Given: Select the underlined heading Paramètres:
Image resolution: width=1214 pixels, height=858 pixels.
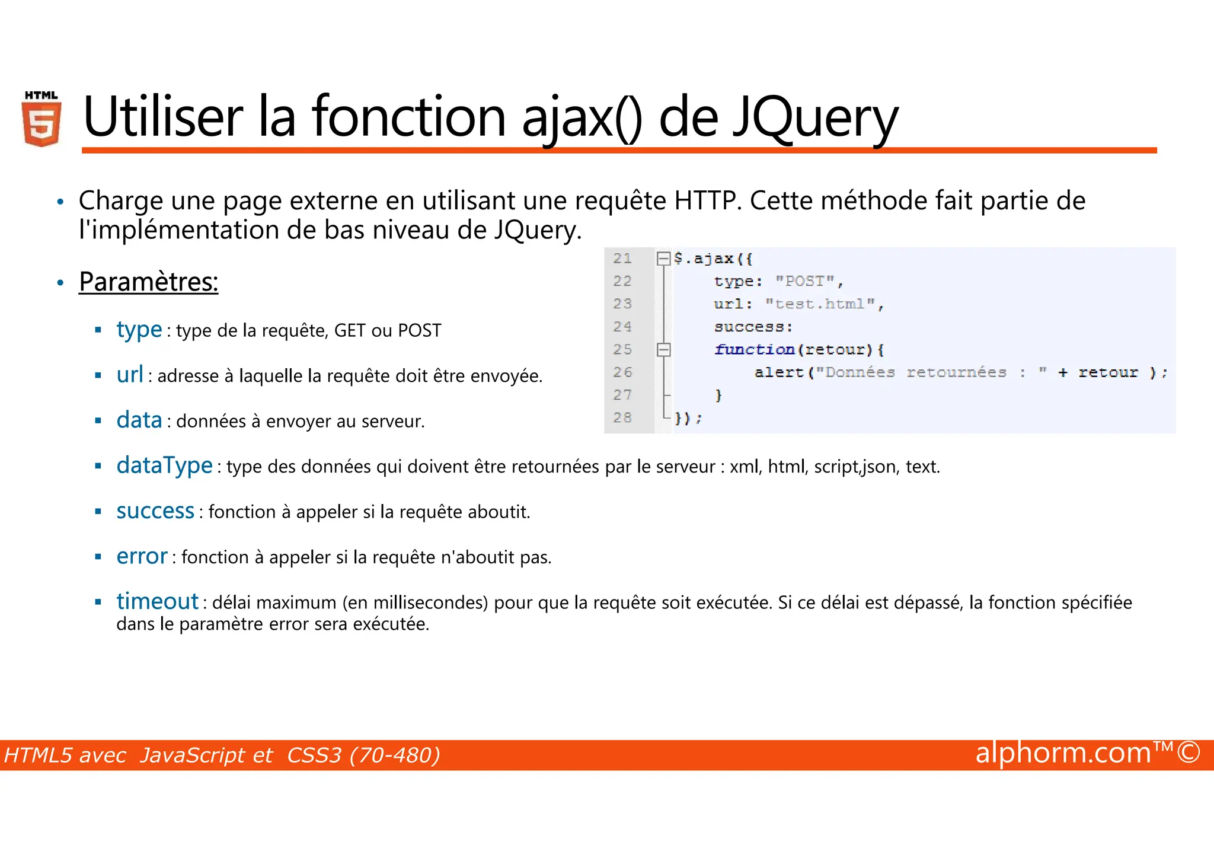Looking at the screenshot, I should click(148, 282).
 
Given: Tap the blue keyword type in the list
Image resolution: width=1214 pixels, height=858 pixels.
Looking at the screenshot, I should click(139, 330).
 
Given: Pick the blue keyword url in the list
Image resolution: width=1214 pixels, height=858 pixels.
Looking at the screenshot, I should click(130, 375).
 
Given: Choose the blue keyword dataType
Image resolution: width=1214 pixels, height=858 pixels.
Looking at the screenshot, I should click(164, 465).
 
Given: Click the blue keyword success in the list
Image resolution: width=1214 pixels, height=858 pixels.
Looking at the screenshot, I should click(155, 511).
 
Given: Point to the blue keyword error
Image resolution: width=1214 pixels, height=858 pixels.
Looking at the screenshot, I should click(142, 556).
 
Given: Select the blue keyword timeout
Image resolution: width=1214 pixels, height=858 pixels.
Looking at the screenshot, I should click(157, 601).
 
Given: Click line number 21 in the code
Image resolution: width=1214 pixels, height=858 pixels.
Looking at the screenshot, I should click(622, 259).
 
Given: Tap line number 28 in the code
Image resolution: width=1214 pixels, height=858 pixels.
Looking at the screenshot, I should click(622, 417).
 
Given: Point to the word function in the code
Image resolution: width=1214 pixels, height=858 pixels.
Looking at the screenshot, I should click(754, 350).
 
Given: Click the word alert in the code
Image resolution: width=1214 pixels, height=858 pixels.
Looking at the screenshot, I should click(779, 372).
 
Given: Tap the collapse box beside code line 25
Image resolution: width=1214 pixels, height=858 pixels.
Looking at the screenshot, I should click(663, 350).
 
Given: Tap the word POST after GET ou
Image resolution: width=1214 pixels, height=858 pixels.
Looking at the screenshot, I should click(420, 330).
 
